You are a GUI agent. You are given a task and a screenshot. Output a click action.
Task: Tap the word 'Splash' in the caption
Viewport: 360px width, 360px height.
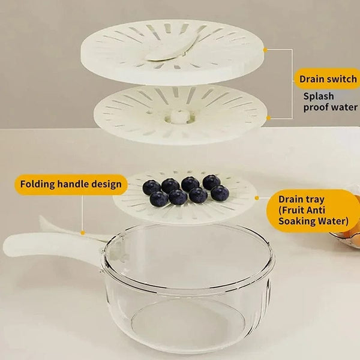(x=318, y=96)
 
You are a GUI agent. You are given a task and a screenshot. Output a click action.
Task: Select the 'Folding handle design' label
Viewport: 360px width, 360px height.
(x=71, y=184)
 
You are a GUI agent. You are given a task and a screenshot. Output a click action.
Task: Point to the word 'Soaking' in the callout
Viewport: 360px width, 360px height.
(x=299, y=221)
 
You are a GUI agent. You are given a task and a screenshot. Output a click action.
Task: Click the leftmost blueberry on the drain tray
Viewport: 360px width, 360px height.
(x=151, y=187)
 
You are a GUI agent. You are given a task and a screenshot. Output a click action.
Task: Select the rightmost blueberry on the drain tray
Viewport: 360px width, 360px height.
(x=220, y=193)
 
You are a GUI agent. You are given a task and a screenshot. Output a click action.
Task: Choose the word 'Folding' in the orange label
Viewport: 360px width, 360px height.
(x=38, y=184)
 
